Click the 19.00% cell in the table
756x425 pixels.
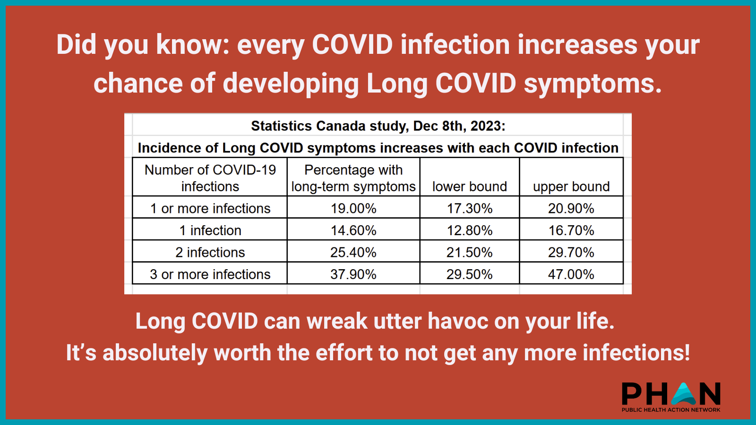point(353,208)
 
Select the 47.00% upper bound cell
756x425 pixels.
point(571,274)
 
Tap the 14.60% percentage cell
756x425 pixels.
point(353,230)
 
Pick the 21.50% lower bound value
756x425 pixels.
point(470,252)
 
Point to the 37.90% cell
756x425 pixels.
point(353,274)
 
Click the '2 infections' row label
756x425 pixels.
point(210,252)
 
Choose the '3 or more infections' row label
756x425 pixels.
point(210,274)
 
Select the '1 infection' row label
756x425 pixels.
point(210,230)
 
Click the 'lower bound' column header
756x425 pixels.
point(470,187)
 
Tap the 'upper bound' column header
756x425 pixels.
point(571,187)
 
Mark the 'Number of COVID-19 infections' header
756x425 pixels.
point(210,178)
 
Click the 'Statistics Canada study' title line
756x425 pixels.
point(378,126)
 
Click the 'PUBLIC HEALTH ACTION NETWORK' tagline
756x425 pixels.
point(671,410)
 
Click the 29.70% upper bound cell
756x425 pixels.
point(571,252)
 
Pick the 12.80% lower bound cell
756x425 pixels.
point(470,230)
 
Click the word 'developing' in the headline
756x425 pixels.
point(291,84)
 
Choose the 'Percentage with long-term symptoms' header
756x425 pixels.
point(353,178)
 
